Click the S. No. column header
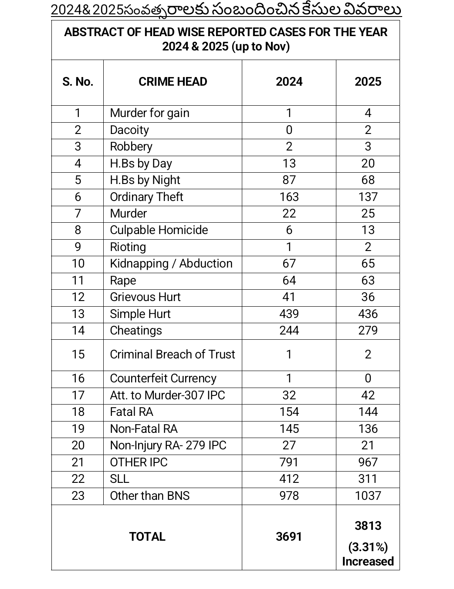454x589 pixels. (78, 82)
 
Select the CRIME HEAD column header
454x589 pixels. (173, 82)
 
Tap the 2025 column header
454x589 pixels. (368, 82)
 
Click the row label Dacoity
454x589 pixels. (129, 130)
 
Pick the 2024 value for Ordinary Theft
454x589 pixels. (289, 197)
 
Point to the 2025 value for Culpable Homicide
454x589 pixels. (368, 230)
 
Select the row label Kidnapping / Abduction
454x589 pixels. (171, 264)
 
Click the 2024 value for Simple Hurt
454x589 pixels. (289, 314)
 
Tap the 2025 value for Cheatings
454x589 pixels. (368, 331)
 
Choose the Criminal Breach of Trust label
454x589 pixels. (172, 355)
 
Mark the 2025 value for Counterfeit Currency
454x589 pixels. (368, 378)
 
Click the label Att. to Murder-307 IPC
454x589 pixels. (167, 395)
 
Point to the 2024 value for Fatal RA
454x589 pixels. (289, 412)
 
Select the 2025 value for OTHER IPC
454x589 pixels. (368, 462)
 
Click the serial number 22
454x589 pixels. (78, 479)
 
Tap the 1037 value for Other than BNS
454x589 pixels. (368, 496)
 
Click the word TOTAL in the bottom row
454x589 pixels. (147, 537)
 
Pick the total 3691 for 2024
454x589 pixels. (289, 537)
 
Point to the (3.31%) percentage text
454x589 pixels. (368, 547)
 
